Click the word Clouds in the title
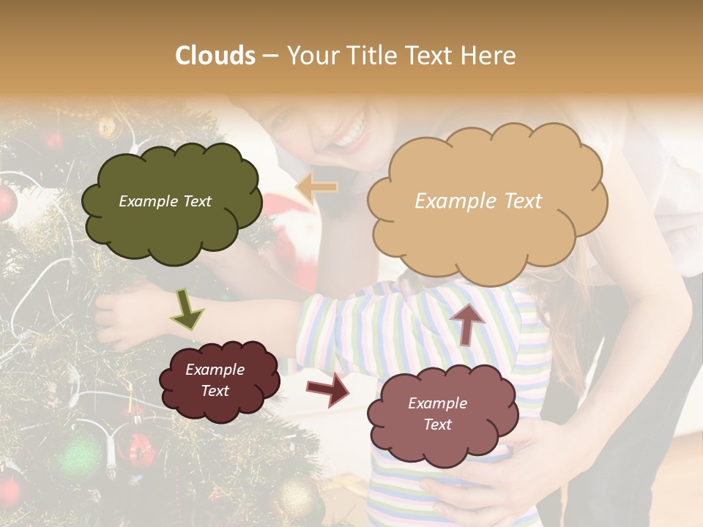tap(215, 56)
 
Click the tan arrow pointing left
tap(316, 188)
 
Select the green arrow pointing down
tap(187, 309)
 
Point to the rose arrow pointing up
tap(467, 322)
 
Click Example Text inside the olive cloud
tap(165, 201)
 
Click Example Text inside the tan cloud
tap(478, 201)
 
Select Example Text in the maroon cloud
tap(215, 380)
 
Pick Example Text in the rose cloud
tap(437, 414)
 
